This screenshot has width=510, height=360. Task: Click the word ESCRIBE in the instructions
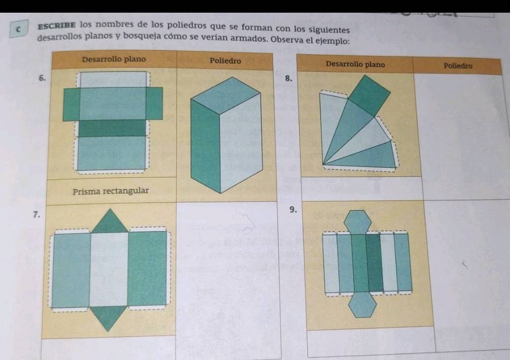(57, 25)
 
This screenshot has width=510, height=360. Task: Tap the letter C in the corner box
(19, 29)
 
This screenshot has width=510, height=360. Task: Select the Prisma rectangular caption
(111, 191)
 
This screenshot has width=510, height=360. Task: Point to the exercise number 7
(37, 214)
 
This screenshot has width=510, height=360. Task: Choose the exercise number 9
(293, 210)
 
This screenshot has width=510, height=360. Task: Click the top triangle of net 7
(110, 221)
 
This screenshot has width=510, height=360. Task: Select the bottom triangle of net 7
(108, 317)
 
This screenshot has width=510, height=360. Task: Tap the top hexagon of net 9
(357, 223)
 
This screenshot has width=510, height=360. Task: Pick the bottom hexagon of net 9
(362, 305)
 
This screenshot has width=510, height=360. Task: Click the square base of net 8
(369, 96)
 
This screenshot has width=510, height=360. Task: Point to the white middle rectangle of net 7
(109, 269)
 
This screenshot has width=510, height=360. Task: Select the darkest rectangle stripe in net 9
(374, 263)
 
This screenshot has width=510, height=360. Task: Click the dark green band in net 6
(113, 128)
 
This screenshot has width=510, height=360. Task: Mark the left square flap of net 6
(71, 104)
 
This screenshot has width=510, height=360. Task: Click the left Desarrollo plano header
(114, 59)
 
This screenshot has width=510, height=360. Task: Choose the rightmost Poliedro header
(458, 66)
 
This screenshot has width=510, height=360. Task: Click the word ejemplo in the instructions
(333, 42)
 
